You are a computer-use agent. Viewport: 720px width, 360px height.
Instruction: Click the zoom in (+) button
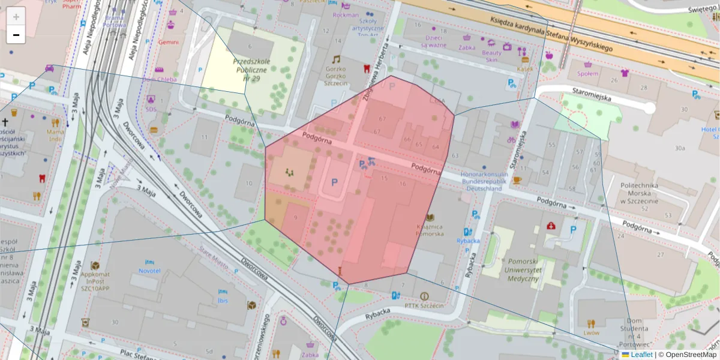[x=16, y=17]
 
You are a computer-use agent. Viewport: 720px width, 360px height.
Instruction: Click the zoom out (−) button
[x=16, y=35]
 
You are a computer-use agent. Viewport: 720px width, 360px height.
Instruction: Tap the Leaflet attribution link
[x=641, y=355]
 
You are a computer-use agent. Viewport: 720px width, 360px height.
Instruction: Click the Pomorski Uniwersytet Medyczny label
[x=515, y=270]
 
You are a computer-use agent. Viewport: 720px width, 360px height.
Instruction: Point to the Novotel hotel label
[x=149, y=271]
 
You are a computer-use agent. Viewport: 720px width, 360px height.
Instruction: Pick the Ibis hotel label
[x=224, y=300]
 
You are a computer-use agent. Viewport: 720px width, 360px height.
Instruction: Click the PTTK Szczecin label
[x=424, y=305]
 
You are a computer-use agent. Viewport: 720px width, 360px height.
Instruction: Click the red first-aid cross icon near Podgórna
[x=551, y=226]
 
